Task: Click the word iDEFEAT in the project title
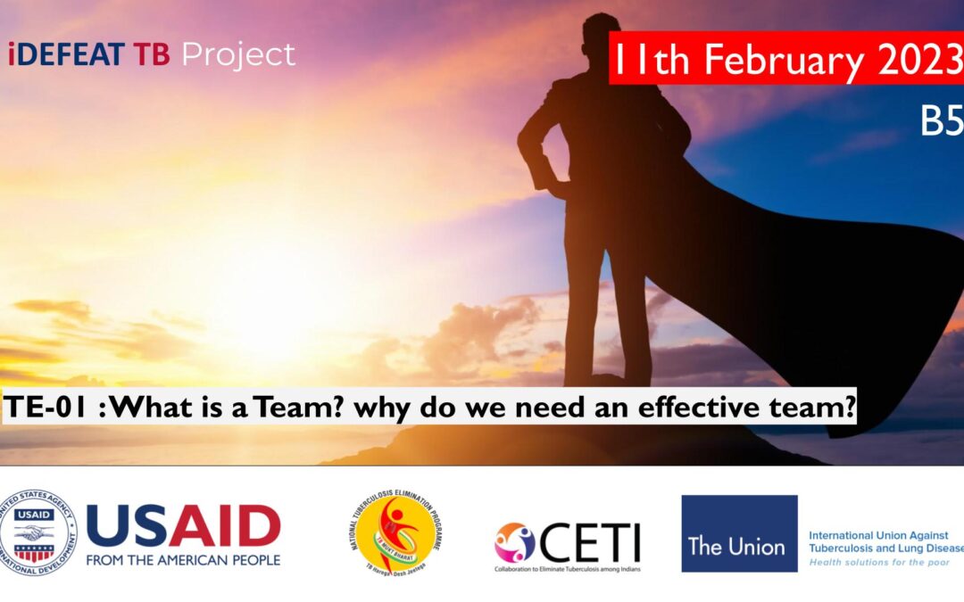point(68,55)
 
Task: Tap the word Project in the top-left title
point(238,55)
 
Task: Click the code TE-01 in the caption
point(45,408)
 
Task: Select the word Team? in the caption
point(300,408)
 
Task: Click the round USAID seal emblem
point(37,532)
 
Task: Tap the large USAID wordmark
point(183,526)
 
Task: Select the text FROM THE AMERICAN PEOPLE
point(183,560)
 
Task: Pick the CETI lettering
point(589,541)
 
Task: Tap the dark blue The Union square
point(739,533)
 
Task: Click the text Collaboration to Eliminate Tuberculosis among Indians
point(568,568)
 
